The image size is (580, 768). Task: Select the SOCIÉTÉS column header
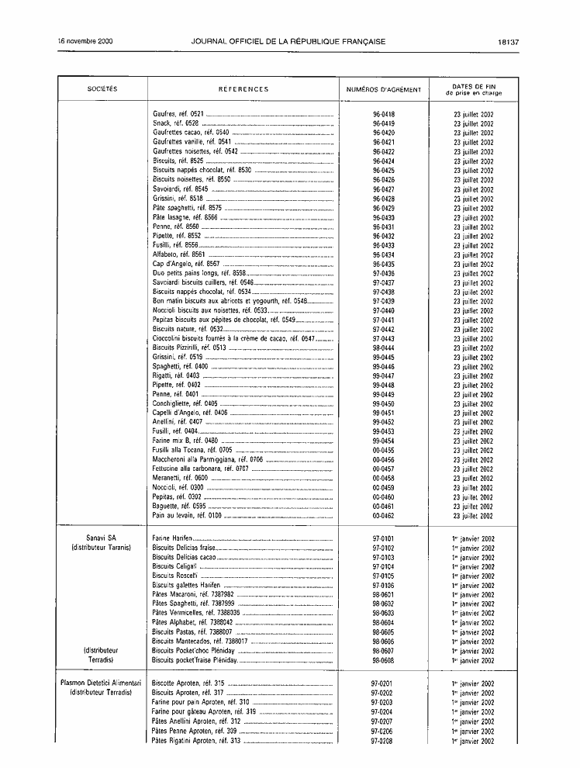(102, 89)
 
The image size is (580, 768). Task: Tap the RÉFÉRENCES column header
(243, 89)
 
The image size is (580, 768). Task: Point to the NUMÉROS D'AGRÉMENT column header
(383, 89)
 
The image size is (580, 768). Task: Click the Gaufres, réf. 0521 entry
(178, 114)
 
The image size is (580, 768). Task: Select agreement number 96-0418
(383, 114)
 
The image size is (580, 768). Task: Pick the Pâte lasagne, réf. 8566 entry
(185, 217)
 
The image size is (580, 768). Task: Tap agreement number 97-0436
(383, 273)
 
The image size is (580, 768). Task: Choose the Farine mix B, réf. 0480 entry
(185, 441)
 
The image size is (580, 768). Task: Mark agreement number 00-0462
(383, 515)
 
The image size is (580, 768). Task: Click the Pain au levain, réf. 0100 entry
(187, 515)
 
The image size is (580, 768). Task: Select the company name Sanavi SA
(102, 538)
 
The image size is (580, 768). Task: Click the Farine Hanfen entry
(171, 538)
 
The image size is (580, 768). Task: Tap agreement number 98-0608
(383, 660)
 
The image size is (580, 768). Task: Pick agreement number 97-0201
(382, 683)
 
